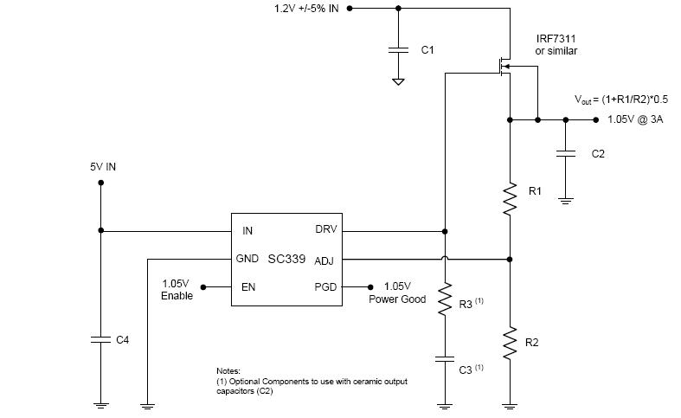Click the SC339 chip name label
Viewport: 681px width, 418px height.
(286, 259)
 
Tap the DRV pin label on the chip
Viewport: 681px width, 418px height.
(326, 230)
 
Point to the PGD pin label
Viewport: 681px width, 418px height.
(325, 286)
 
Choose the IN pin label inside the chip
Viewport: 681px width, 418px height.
(247, 231)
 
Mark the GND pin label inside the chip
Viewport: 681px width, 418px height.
(247, 259)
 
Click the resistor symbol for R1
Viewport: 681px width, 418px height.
(511, 199)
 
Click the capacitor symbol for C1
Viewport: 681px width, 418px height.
(398, 50)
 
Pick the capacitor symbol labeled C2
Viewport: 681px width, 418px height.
(565, 153)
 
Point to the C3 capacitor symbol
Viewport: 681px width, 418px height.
(445, 357)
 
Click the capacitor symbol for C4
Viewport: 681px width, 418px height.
(100, 340)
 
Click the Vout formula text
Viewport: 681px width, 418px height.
(618, 100)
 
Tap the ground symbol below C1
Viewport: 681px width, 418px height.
(398, 81)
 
